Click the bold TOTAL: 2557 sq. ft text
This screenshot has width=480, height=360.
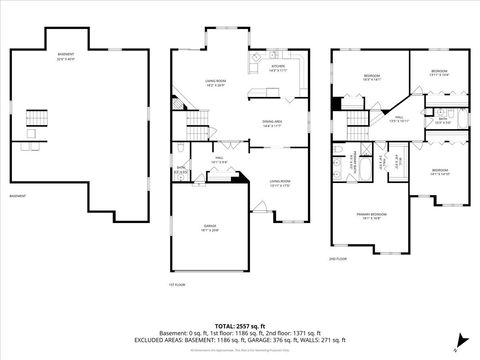click(x=240, y=325)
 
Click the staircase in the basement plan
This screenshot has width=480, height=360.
click(x=37, y=118)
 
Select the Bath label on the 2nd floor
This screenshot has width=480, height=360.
click(x=441, y=120)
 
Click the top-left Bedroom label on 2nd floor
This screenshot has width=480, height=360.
click(x=371, y=76)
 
